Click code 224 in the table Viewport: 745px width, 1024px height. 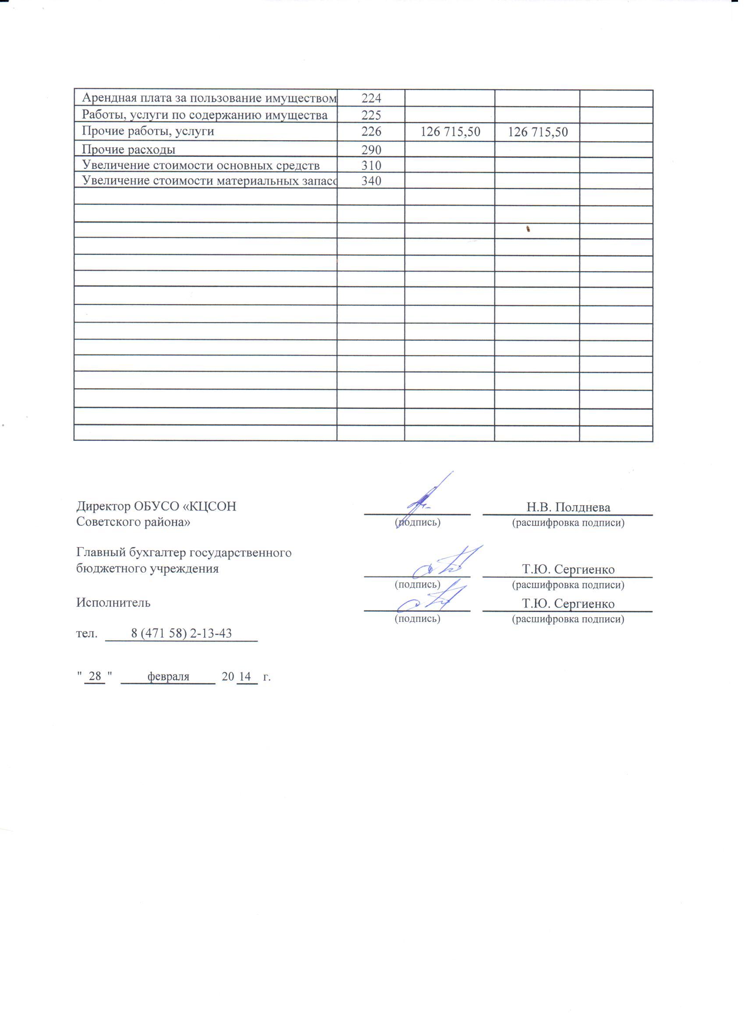[371, 98]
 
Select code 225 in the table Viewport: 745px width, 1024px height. [371, 116]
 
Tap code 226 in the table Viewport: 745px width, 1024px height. [371, 131]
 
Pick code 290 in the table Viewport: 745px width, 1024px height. [371, 150]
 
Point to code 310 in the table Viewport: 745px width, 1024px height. [371, 165]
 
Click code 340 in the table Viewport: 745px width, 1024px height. [371, 181]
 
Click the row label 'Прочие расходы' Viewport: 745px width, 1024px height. [129, 149]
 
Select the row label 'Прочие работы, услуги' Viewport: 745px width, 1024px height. [148, 131]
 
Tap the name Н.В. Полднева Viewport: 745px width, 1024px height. [568, 507]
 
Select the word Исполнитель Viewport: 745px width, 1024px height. [114, 602]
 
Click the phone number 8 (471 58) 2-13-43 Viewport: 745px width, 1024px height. [181, 633]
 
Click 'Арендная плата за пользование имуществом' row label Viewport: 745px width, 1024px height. [209, 98]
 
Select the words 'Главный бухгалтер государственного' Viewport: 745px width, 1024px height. [184, 552]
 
